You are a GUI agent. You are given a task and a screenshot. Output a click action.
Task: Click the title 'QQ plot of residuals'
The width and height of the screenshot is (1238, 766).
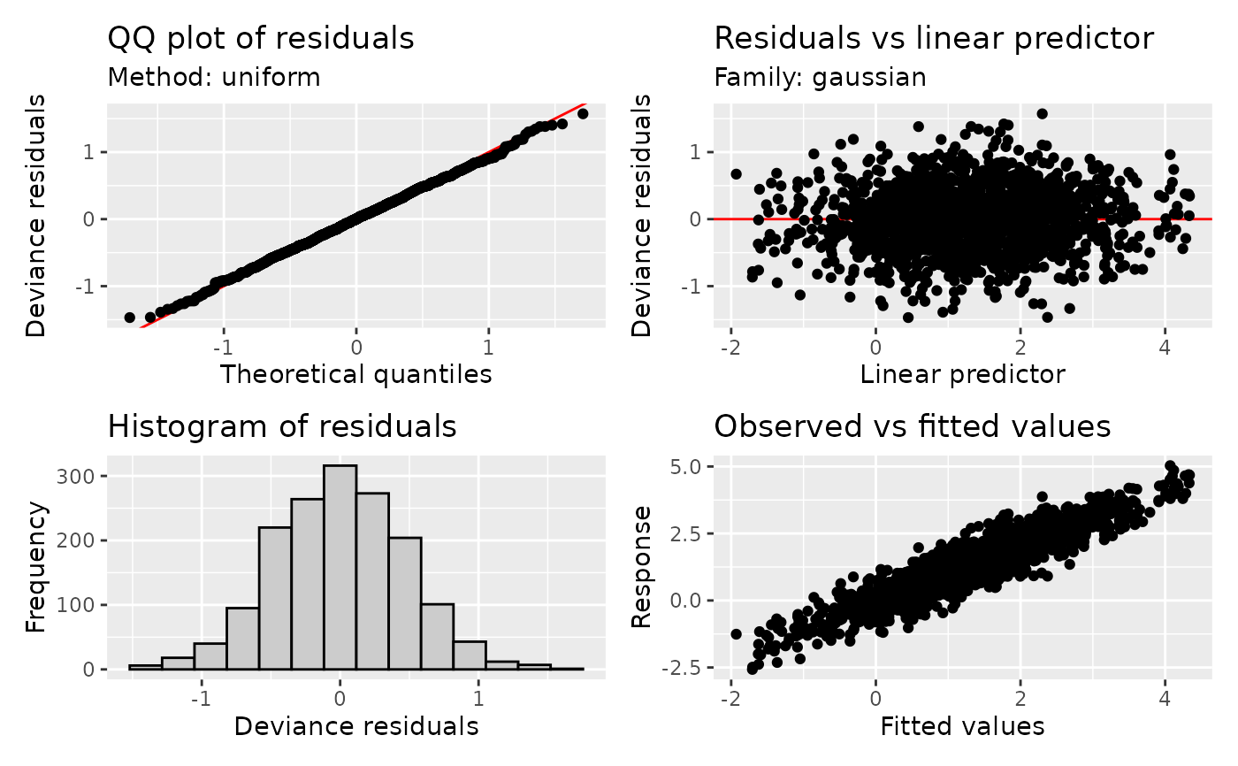tap(260, 39)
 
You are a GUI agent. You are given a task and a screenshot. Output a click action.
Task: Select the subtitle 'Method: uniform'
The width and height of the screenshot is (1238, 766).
tap(213, 78)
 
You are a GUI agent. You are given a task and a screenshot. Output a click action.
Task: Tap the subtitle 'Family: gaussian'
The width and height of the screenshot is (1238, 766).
tap(820, 78)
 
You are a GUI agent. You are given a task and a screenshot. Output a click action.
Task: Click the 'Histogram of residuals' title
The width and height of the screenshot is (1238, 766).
tap(281, 426)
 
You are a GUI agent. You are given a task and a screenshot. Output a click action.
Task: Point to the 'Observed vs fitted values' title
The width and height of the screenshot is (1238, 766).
tap(912, 426)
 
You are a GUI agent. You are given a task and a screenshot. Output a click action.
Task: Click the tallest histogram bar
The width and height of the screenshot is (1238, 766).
tap(340, 566)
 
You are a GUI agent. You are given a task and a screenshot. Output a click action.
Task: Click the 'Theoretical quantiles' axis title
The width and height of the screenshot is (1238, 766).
tap(355, 374)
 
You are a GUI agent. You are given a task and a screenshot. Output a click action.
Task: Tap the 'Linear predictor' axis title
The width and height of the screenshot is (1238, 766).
tap(962, 374)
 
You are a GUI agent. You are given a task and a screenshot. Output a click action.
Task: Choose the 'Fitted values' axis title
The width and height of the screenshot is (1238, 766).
tap(962, 726)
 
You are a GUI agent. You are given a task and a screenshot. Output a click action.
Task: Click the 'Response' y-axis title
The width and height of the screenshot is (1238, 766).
tap(643, 567)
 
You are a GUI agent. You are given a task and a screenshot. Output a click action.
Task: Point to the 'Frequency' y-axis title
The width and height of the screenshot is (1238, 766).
tap(35, 567)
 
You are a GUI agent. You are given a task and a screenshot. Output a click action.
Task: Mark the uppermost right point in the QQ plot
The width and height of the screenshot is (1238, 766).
tap(582, 114)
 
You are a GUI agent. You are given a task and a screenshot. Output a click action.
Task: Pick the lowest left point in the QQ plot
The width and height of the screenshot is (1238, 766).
tap(129, 317)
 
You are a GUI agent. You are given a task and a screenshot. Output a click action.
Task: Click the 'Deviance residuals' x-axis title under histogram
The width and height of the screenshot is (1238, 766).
tap(355, 726)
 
